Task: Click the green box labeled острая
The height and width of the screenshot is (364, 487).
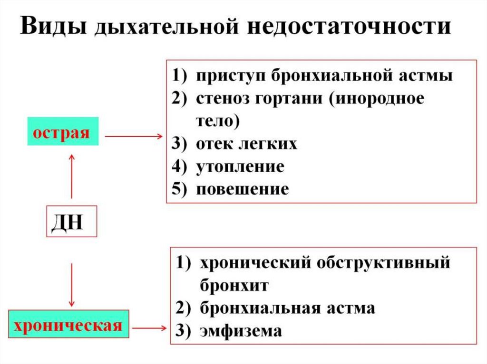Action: click(63, 131)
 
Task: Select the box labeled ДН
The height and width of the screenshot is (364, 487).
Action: click(72, 221)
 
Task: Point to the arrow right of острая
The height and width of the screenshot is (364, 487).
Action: click(133, 136)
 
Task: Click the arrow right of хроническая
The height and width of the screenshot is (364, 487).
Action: click(150, 327)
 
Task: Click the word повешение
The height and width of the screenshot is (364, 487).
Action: click(243, 189)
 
